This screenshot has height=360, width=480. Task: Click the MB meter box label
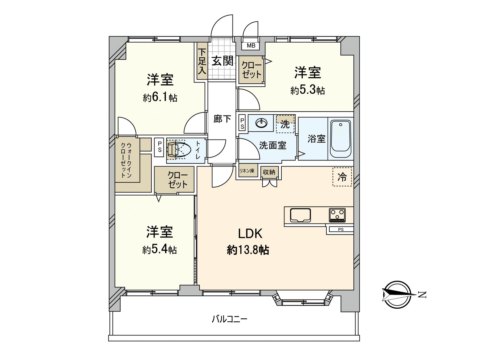[251, 46]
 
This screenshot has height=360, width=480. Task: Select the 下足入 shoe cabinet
[202, 61]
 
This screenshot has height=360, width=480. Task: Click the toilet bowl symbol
[179, 149]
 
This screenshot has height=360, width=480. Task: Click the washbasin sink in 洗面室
[262, 123]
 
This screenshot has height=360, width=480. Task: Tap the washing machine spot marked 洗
[285, 124]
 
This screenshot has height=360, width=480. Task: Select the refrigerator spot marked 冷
[342, 177]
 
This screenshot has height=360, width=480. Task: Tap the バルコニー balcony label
[229, 319]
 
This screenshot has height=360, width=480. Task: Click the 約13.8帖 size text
[248, 250]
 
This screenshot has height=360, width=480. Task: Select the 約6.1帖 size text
[160, 98]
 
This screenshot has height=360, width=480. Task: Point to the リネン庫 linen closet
[247, 171]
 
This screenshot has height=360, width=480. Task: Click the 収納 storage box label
[269, 172]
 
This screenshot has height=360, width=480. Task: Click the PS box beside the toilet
[159, 147]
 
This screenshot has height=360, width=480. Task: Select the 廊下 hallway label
[222, 119]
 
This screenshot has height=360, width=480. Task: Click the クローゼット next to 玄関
[251, 70]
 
